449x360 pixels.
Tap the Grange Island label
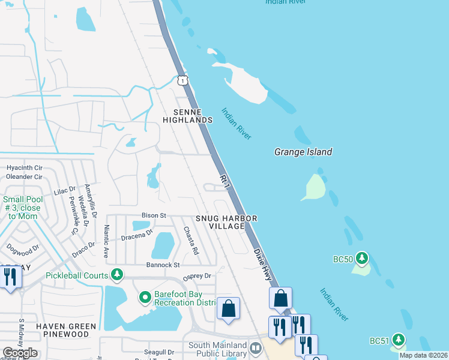point(303,152)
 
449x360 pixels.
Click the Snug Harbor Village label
point(227,222)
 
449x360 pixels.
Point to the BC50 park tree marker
point(361,259)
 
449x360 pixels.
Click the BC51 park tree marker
point(397,340)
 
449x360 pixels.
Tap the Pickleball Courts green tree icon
point(118,275)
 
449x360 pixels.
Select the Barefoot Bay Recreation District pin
point(145,297)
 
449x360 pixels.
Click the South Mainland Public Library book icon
point(256,349)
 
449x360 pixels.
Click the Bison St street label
point(153,215)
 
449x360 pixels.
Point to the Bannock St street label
point(163,265)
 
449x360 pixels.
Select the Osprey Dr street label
point(197,276)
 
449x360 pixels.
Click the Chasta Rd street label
point(191,241)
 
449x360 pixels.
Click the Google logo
point(19,353)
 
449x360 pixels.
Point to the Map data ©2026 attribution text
point(423,355)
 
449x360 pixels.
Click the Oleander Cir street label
point(24,177)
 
